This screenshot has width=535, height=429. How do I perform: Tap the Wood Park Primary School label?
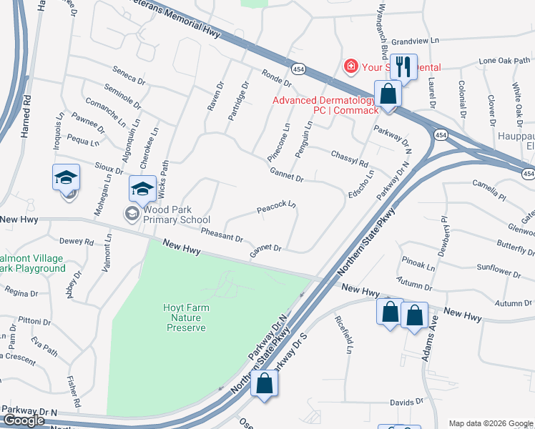click(x=176, y=214)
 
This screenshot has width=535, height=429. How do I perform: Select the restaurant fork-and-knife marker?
click(x=404, y=68)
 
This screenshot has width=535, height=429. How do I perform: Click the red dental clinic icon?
click(x=350, y=67)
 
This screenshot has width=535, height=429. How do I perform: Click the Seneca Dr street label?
click(x=129, y=74)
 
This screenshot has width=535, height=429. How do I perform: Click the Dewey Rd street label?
click(x=77, y=242)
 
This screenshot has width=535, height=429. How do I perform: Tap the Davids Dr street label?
click(x=407, y=403)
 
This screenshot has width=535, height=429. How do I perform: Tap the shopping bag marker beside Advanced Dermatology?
click(x=387, y=95)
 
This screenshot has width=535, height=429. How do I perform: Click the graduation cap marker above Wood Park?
click(x=142, y=189)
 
